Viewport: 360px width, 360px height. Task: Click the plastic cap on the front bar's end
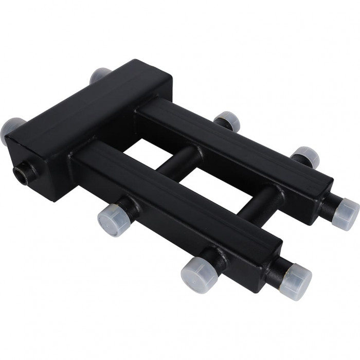296,278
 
